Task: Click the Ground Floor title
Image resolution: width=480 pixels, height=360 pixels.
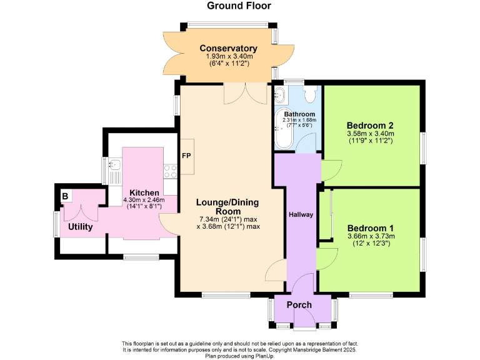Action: click(x=239, y=6)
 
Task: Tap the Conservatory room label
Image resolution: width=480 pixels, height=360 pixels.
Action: click(x=228, y=48)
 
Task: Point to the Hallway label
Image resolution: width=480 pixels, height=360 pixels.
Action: click(x=301, y=214)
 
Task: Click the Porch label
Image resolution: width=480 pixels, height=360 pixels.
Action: click(x=299, y=304)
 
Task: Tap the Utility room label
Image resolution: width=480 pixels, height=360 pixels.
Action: click(x=81, y=227)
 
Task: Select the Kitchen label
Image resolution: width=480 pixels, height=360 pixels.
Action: click(x=144, y=192)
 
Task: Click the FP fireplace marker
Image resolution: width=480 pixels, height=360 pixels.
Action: click(x=186, y=155)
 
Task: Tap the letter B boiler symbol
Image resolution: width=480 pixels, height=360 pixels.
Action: click(x=64, y=196)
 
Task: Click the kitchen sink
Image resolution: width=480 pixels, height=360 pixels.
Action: click(x=114, y=167)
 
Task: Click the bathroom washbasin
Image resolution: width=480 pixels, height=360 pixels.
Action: click(x=279, y=96)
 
